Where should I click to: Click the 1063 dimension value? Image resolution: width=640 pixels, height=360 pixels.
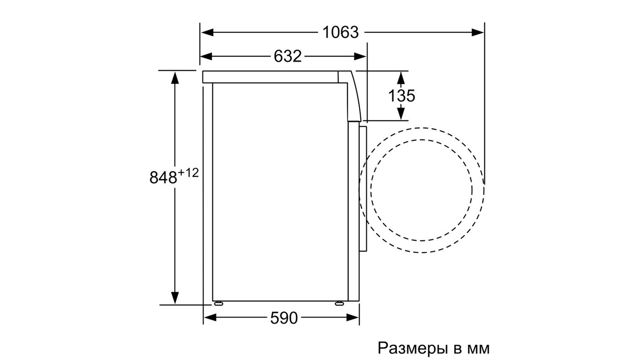[340, 32]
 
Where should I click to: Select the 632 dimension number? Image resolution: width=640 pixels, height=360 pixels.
[288, 56]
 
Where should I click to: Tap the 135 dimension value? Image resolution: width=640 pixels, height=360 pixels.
[401, 95]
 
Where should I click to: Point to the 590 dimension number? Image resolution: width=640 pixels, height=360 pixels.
[284, 318]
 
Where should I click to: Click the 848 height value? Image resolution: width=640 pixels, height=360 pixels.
[163, 177]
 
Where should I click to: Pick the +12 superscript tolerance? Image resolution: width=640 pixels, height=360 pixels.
[188, 173]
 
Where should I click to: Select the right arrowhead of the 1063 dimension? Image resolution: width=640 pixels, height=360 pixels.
[478, 32]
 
